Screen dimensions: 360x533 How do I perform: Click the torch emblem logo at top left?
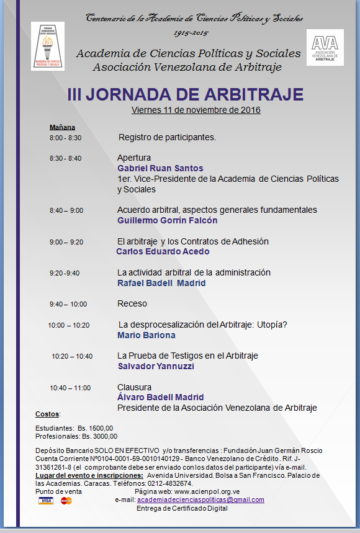tap(47, 47)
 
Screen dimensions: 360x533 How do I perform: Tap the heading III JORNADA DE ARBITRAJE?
tap(186, 94)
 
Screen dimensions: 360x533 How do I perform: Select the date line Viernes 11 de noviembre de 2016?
tap(196, 110)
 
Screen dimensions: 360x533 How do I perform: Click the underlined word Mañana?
tap(62, 127)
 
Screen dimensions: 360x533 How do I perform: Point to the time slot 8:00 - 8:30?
tap(65, 138)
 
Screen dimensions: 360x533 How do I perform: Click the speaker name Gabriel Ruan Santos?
tap(160, 168)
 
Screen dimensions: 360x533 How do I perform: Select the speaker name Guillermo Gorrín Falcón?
tap(167, 220)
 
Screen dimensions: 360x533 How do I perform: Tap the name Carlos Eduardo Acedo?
tap(163, 251)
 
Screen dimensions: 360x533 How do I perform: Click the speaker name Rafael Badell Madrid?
tap(161, 283)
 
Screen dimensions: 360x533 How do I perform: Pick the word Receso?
tap(132, 304)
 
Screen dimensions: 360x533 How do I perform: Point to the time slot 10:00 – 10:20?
tap(69, 325)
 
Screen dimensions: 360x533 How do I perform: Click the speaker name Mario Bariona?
tap(146, 335)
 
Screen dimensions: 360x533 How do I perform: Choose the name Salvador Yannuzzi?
tap(156, 366)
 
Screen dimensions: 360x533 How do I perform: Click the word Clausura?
tap(134, 387)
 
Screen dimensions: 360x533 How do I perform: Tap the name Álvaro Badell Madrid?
tap(161, 397)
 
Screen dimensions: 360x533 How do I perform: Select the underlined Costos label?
tap(47, 413)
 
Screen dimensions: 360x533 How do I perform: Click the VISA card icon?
tap(45, 500)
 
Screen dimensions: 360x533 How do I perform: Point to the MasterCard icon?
tap(66, 500)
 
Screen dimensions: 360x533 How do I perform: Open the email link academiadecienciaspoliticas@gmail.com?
tap(200, 499)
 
